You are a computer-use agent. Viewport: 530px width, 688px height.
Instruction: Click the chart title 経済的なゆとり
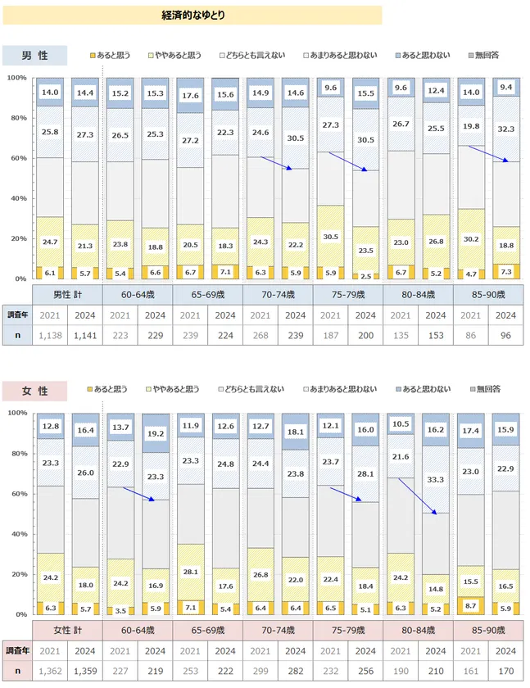point(193,15)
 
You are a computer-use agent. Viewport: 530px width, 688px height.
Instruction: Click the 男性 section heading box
point(34,55)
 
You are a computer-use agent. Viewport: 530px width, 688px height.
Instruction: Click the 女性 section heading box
point(34,392)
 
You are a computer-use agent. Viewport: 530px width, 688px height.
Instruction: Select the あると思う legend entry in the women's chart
point(112,390)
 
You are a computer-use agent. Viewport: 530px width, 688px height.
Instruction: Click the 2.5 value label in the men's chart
point(366,276)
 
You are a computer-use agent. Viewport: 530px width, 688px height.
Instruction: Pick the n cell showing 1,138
point(50,335)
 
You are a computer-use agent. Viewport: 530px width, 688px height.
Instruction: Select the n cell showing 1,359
point(85,671)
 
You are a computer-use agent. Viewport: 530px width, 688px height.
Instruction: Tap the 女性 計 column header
point(67,629)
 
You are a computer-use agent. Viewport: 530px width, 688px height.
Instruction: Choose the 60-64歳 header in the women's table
point(138,629)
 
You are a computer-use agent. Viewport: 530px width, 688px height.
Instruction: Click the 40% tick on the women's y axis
point(18,534)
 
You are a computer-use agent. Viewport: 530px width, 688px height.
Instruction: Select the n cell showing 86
point(472,335)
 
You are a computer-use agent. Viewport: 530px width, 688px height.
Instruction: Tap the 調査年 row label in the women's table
point(16,650)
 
